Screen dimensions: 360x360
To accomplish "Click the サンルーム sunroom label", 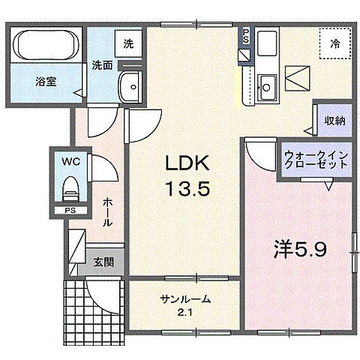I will [184, 299].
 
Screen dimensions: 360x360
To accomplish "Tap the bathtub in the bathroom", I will [46, 46].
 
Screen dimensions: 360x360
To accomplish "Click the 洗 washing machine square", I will [129, 43].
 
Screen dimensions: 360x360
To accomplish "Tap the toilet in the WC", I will [69, 184].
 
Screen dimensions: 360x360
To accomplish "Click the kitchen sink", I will [266, 83].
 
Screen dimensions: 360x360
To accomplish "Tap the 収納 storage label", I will [334, 120].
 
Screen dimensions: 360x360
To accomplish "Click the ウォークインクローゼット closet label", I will [315, 160].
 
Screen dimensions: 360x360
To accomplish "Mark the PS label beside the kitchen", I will [245, 35].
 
